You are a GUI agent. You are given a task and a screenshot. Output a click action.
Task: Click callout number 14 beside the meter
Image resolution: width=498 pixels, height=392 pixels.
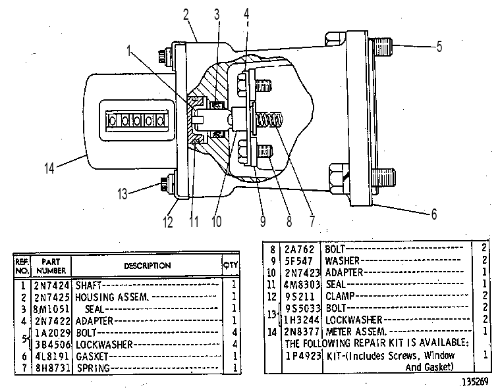point(49,168)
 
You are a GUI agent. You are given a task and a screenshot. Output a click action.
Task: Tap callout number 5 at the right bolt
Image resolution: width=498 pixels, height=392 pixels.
point(439,47)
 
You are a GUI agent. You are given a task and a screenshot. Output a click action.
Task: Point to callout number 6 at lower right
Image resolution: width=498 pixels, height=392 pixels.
point(434,214)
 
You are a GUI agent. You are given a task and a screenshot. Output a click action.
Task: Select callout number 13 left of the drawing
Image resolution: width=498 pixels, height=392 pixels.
point(123,194)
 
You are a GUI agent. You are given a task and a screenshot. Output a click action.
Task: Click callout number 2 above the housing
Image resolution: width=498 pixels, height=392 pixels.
point(186,14)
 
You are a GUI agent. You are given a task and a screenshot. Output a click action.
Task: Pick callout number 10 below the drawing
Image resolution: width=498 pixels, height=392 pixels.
point(216,222)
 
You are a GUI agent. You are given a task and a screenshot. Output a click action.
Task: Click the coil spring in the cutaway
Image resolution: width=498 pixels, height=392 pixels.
point(269,120)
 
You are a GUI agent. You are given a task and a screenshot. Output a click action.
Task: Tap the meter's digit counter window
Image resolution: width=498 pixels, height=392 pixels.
point(136,121)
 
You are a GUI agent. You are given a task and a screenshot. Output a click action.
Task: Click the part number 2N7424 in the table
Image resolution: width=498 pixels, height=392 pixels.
point(51,285)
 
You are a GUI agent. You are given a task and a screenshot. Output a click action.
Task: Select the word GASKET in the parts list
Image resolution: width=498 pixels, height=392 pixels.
point(92,356)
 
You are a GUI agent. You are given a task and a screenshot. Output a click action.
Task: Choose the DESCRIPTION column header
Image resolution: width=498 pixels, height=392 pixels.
point(148,266)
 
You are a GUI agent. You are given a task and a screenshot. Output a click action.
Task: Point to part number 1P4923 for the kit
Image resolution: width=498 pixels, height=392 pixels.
point(303,356)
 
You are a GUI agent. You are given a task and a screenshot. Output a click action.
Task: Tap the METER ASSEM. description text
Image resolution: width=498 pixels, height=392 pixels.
point(356,331)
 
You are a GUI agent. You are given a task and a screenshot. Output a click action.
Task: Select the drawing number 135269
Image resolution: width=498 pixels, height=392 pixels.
point(475,382)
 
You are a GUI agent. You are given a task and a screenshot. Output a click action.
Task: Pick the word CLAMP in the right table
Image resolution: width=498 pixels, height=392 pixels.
point(340,296)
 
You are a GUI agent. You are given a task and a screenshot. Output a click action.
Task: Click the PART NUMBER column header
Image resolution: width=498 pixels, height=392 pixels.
point(51,266)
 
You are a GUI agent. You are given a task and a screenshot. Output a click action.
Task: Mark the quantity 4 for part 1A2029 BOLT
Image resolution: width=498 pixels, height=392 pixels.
point(235,332)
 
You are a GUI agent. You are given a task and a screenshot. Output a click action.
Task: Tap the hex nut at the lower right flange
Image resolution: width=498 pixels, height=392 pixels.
point(339,178)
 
